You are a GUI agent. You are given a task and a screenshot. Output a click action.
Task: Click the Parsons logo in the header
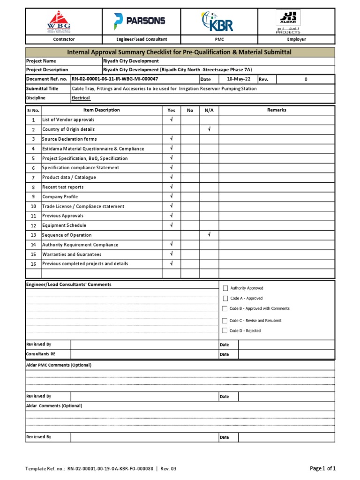click(139, 21)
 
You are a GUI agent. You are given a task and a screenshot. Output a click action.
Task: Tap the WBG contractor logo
click(59, 22)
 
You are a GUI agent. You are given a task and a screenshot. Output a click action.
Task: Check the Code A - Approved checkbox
click(225, 298)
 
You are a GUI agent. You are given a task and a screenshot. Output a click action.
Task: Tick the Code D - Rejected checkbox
click(225, 330)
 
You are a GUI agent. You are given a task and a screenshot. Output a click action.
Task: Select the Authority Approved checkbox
click(225, 288)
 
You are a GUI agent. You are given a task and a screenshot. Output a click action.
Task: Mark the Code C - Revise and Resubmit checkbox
click(225, 321)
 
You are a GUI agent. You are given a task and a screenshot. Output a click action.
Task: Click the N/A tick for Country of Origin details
click(209, 129)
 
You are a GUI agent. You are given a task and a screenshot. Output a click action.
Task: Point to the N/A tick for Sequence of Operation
click(209, 234)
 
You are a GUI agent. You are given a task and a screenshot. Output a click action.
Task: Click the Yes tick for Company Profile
click(172, 196)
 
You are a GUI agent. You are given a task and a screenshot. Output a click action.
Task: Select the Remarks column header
click(277, 110)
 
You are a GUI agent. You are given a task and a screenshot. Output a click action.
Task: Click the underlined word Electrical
click(81, 98)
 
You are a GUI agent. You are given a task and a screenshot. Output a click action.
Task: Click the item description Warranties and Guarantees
click(72, 254)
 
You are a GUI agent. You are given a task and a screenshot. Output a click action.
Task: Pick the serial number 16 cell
click(33, 264)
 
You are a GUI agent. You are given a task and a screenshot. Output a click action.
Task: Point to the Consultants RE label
click(41, 354)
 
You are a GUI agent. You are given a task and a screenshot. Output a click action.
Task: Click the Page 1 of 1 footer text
click(323, 468)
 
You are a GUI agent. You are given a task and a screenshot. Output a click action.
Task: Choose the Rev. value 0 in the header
click(306, 79)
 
